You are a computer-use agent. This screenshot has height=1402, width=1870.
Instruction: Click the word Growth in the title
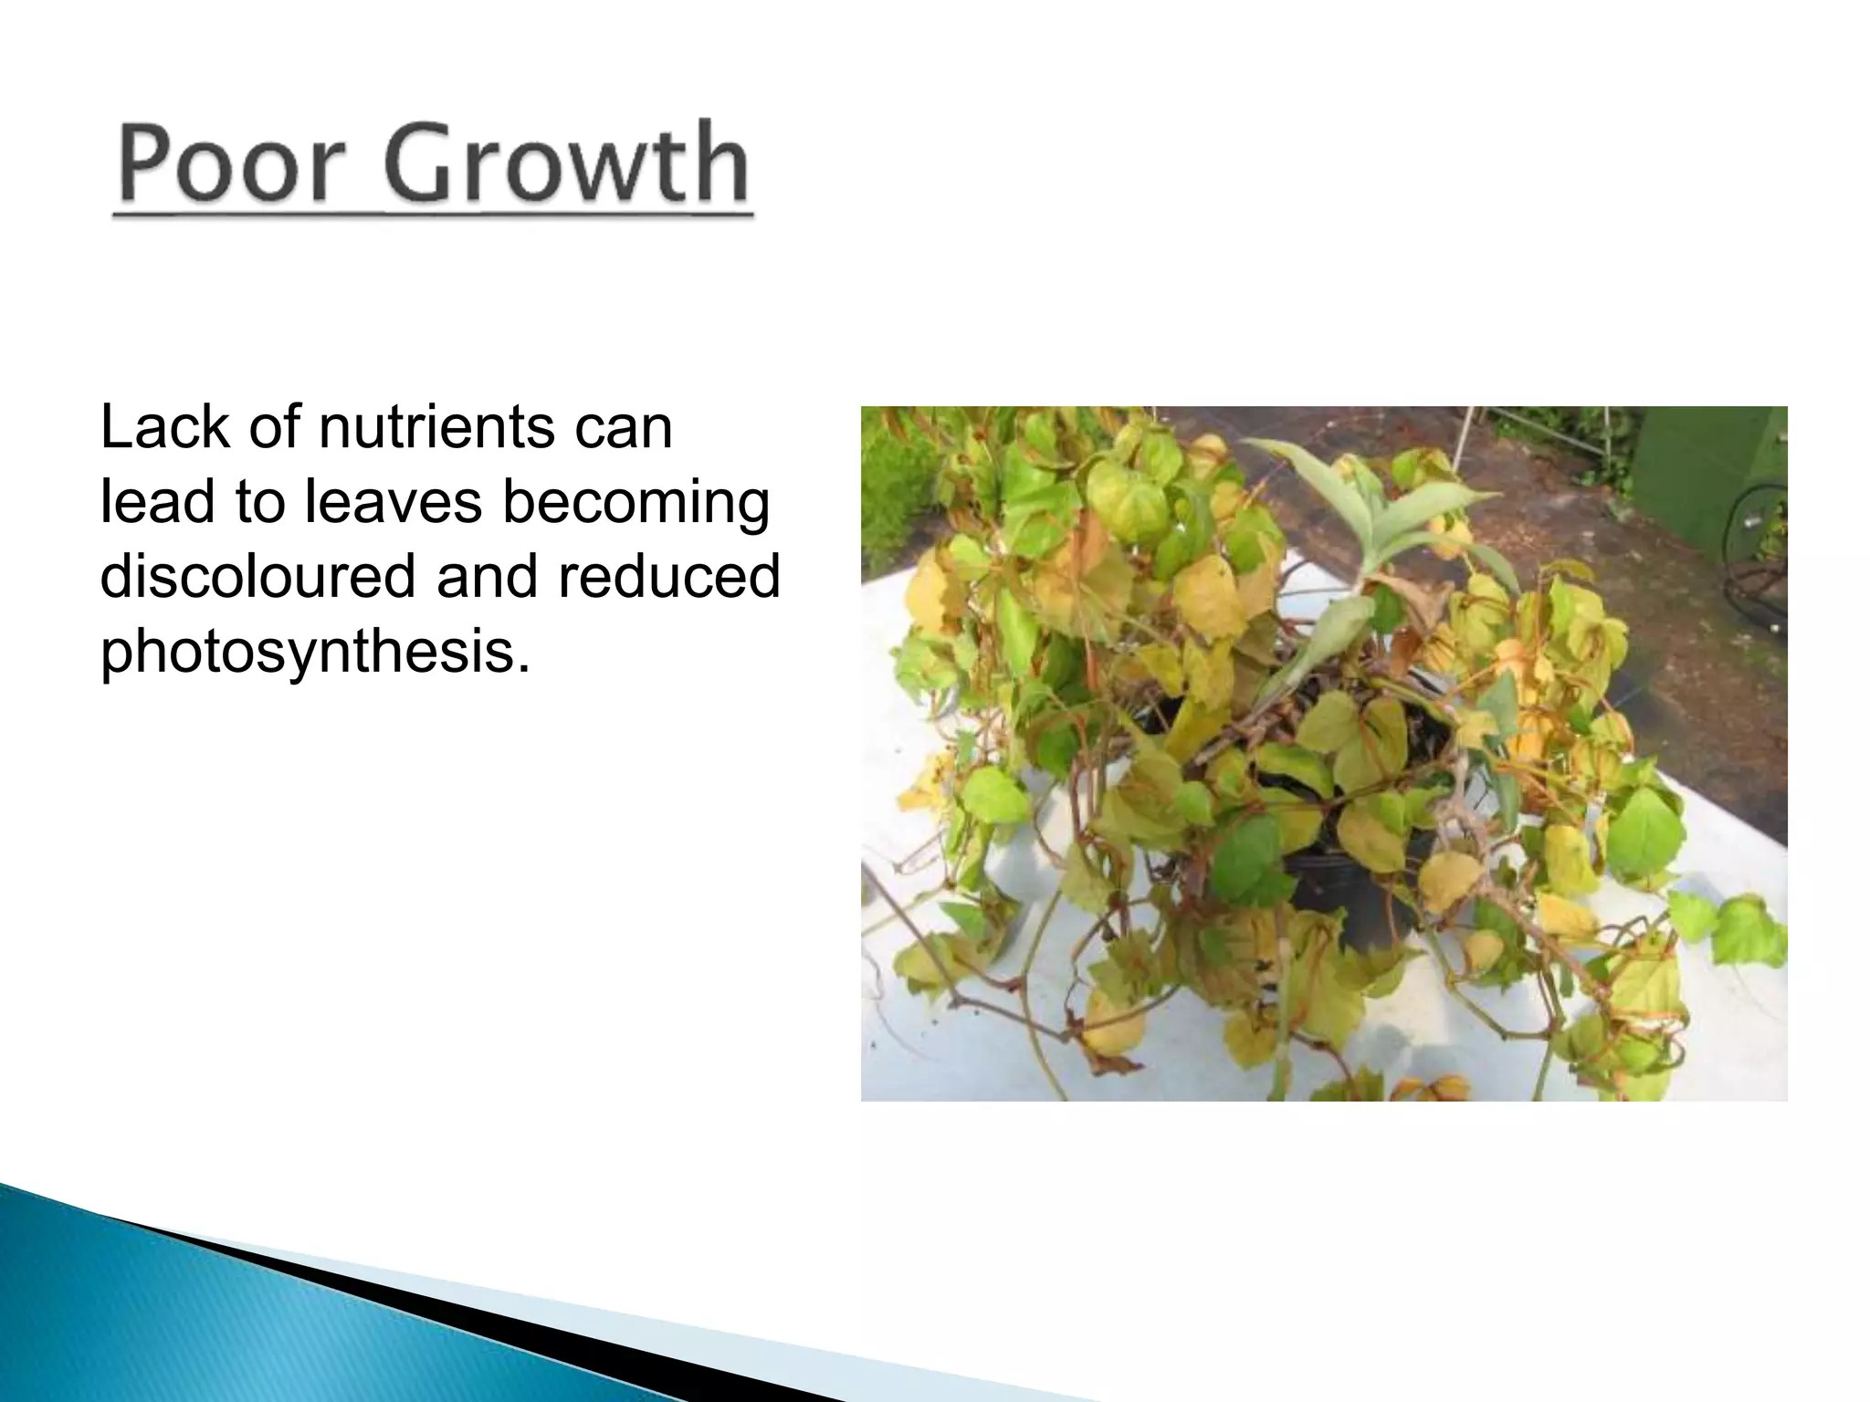point(565,163)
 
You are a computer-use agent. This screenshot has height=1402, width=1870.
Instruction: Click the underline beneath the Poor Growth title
point(433,216)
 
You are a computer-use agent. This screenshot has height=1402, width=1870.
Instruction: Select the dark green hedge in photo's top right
point(1717,475)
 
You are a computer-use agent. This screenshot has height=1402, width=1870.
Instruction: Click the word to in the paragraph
point(259,504)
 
